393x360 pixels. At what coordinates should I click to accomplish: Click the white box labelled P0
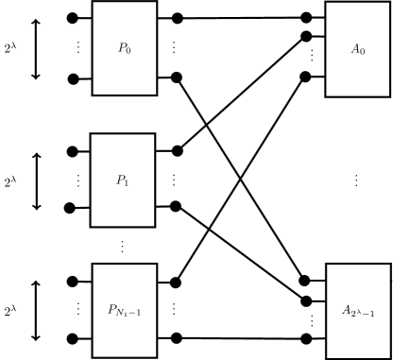coord(124,47)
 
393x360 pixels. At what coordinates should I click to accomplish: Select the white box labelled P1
coord(123,180)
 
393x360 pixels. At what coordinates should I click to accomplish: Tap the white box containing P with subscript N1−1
coord(124,310)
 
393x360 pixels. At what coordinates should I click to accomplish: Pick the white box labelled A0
coord(358,49)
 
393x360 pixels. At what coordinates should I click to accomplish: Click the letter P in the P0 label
coord(121,47)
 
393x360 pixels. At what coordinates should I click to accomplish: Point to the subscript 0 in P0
coord(128,50)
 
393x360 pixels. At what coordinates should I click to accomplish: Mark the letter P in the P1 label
coord(120,180)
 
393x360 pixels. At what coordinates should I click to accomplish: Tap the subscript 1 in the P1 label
coord(128,182)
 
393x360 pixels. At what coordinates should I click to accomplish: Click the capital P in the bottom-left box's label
coord(111,309)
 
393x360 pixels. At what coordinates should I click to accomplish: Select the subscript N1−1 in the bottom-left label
coord(130,313)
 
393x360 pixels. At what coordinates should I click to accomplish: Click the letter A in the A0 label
coord(355,49)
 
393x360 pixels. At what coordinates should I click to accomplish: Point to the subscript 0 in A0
coord(363,52)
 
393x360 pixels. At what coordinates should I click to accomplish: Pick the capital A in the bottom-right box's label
coord(346,310)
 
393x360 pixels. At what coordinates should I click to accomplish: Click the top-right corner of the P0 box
coord(156,2)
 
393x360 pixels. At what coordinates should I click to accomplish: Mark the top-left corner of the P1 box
coord(92,134)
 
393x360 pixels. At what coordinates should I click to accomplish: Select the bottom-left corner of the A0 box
coord(327,95)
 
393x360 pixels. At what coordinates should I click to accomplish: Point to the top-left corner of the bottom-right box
coord(327,265)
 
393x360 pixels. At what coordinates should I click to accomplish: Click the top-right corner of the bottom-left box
coord(156,265)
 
